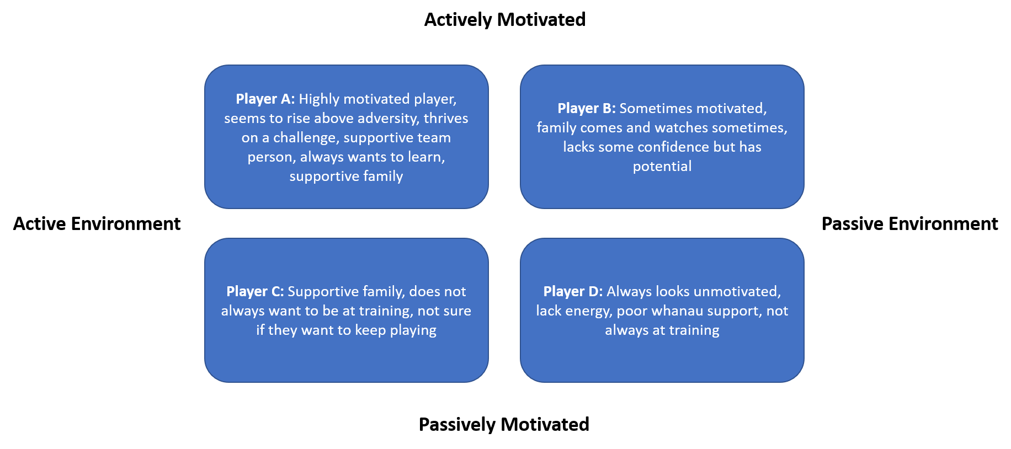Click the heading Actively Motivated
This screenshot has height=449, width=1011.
click(505, 20)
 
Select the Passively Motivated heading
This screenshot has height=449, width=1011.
click(504, 425)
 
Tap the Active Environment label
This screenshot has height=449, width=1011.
click(97, 224)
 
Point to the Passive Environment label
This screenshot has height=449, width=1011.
click(909, 224)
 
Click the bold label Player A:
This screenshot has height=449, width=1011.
click(265, 99)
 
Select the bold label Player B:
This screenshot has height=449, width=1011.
click(586, 109)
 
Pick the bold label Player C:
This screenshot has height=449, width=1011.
click(255, 292)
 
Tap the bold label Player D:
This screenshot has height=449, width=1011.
click(573, 292)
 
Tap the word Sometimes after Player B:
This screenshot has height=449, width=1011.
click(654, 109)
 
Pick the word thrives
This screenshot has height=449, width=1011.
click(446, 119)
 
